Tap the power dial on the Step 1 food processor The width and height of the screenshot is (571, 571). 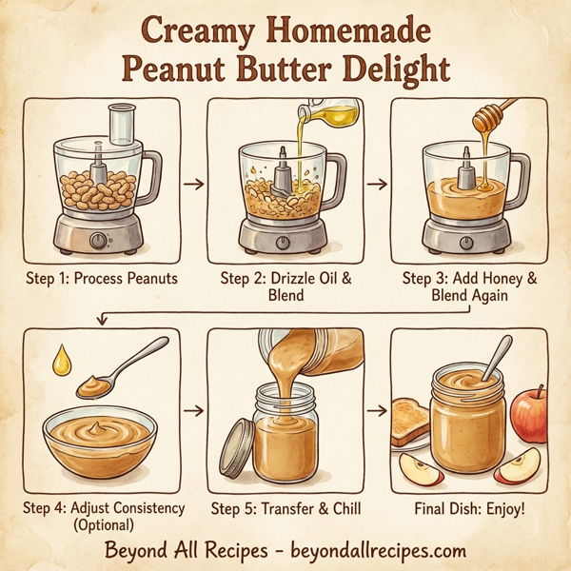pos(98,241)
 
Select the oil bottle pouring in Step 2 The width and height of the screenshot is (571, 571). pos(330,114)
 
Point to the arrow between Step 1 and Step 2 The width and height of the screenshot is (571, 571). pos(192,182)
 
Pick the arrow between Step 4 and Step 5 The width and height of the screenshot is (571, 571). pos(192,411)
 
